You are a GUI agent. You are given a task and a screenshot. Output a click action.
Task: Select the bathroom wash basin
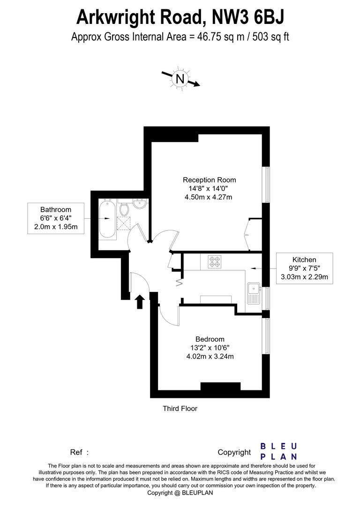[x=140, y=205]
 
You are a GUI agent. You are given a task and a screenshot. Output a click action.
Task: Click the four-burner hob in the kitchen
[x=214, y=261]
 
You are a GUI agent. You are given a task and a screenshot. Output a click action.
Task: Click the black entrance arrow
[x=139, y=301]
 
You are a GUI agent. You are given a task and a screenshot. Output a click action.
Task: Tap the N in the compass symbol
[x=180, y=79]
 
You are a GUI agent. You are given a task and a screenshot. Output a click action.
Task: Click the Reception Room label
[x=209, y=180]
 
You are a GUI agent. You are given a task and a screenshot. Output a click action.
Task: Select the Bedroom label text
[x=210, y=339]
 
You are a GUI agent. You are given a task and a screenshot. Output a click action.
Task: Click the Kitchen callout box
[x=304, y=268]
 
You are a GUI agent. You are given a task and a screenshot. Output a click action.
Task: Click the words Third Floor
[x=180, y=409]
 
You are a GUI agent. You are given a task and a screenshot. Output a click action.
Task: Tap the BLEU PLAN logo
[x=278, y=451]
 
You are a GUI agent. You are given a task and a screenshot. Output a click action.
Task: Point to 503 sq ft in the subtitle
[x=271, y=37]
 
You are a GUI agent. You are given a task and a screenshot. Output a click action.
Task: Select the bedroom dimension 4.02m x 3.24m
[x=210, y=356]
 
